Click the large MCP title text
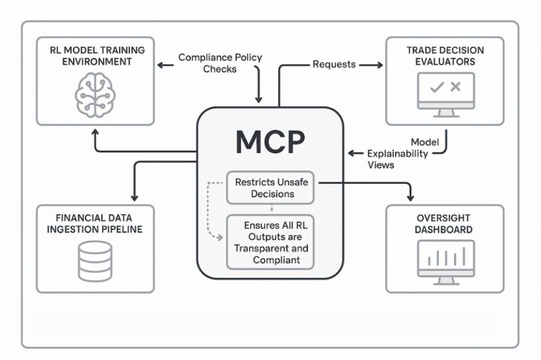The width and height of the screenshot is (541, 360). tap(270, 142)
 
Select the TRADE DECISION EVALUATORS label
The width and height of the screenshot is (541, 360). tap(445, 55)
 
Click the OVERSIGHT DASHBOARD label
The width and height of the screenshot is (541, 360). tap(445, 223)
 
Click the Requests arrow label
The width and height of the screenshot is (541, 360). tap(333, 64)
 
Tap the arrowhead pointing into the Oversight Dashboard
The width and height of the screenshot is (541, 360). tap(411, 197)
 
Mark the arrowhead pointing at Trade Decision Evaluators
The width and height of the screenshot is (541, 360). tap(380, 63)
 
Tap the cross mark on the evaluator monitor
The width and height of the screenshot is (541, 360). tap(455, 87)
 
